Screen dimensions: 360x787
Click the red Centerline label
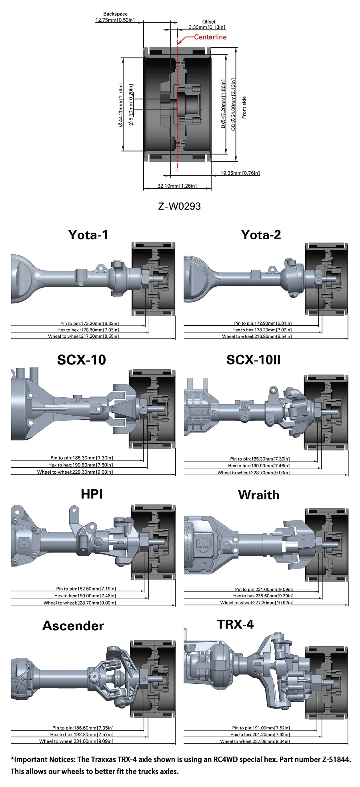[x=210, y=37]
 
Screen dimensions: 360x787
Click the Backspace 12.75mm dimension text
[x=115, y=17]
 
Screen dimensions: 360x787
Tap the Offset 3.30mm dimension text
[x=207, y=24]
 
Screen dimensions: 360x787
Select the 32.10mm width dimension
[x=177, y=186]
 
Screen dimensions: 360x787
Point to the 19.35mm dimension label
[x=240, y=173]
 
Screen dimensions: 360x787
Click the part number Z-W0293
[x=180, y=206]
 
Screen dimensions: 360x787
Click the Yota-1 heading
[x=88, y=234]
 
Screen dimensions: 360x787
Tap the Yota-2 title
[x=261, y=234]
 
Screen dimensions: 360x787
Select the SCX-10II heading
[x=254, y=360]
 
